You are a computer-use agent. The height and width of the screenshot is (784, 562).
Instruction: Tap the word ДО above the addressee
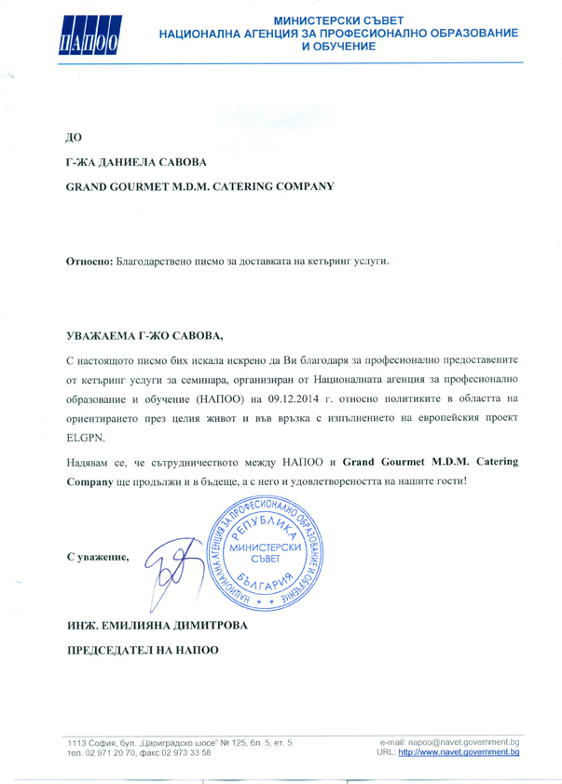click(72, 139)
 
